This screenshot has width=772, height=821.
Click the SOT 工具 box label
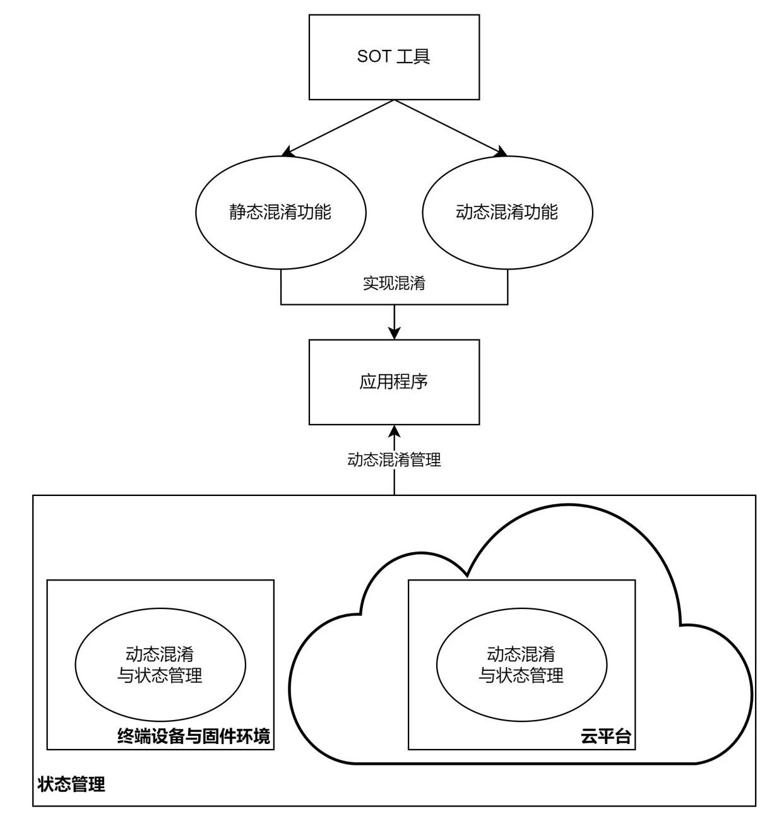[394, 57]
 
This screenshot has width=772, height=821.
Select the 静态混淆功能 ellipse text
[280, 212]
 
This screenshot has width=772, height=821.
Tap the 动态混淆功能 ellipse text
[507, 212]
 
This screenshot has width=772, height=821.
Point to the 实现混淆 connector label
[394, 283]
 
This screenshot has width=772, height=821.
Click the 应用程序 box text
[394, 382]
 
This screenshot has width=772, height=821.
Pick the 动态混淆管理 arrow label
[394, 460]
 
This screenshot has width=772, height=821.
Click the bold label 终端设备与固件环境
[194, 736]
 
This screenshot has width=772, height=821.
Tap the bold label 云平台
[606, 736]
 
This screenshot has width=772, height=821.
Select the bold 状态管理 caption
[71, 785]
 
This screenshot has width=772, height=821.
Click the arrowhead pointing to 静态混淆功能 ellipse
[287, 152]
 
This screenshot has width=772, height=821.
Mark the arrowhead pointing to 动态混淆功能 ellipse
[502, 152]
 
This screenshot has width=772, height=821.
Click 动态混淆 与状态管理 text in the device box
[160, 664]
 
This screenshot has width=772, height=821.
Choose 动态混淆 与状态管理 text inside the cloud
[521, 664]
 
